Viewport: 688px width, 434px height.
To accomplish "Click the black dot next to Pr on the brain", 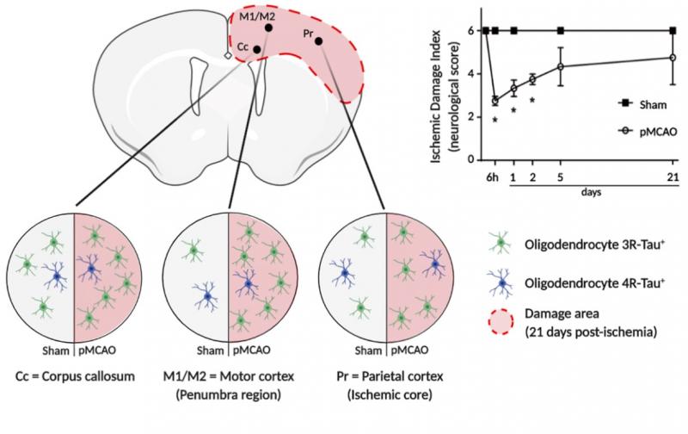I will tap(318, 40).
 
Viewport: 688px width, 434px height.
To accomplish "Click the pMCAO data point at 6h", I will tap(494, 101).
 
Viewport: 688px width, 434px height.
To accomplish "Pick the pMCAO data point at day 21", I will tap(672, 58).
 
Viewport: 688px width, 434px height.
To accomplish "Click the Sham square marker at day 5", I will tap(561, 31).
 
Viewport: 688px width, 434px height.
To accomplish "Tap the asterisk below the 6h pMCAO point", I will tap(494, 121).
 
